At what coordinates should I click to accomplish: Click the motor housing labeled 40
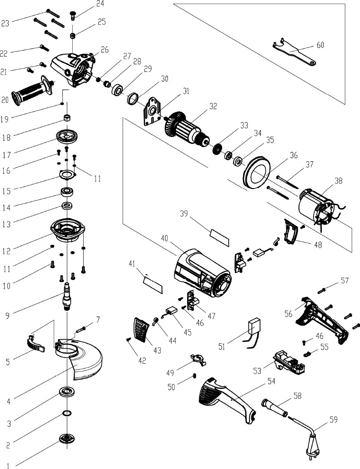tap(202, 273)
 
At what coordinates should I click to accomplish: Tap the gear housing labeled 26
tap(74, 69)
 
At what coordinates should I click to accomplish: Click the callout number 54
tap(271, 381)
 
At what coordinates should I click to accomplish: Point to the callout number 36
tap(294, 155)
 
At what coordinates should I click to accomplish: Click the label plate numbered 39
tap(220, 238)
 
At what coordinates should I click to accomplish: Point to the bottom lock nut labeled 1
tap(67, 438)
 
